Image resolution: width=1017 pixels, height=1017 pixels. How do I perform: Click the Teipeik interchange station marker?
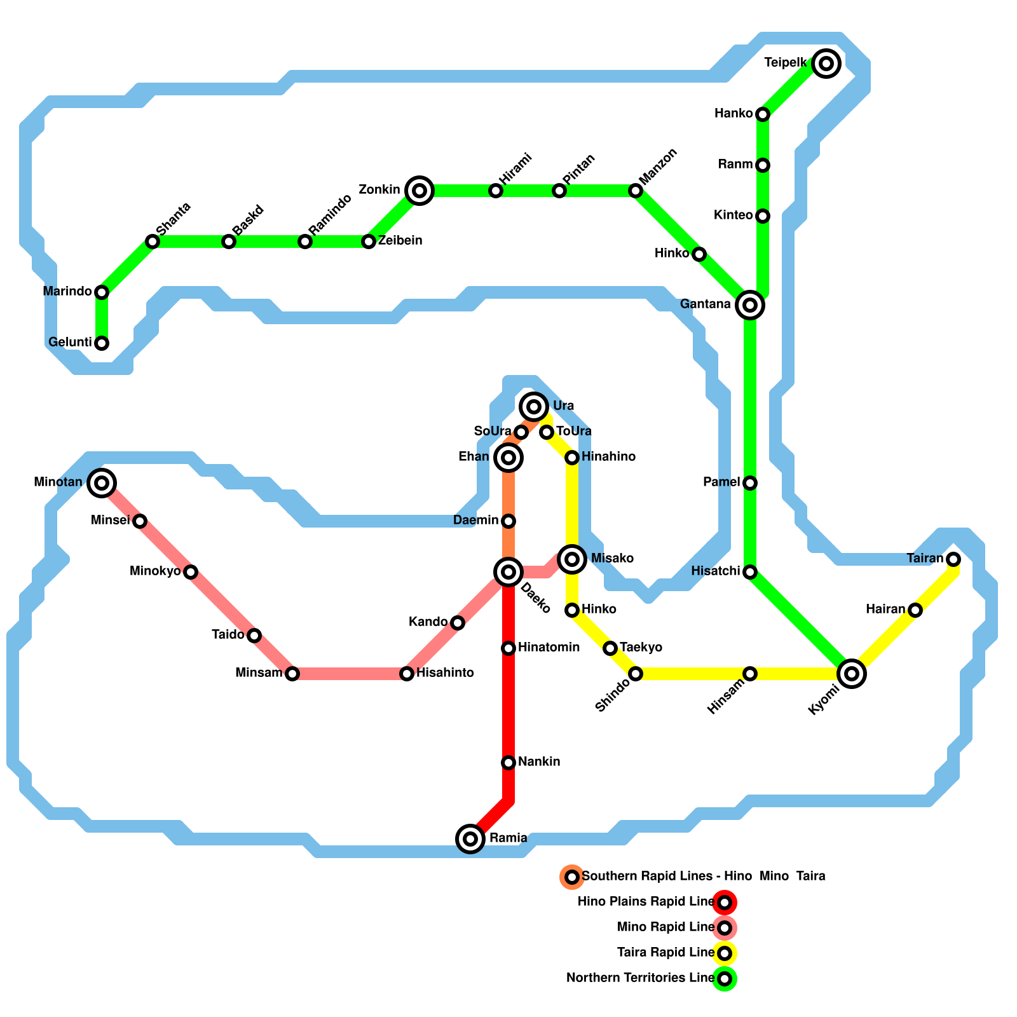(x=826, y=63)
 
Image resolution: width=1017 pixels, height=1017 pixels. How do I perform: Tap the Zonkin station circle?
(x=419, y=190)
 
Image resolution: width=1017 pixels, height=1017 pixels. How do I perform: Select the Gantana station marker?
(x=750, y=305)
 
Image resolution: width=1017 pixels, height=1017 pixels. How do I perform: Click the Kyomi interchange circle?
(x=852, y=673)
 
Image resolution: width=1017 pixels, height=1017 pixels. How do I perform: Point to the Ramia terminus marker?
(x=470, y=838)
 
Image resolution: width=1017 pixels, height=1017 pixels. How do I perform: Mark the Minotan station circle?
(x=102, y=483)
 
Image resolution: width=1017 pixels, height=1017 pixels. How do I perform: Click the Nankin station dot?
(x=508, y=762)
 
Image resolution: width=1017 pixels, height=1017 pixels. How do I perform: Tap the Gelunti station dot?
(x=102, y=343)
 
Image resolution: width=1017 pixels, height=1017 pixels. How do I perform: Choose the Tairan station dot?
(x=953, y=559)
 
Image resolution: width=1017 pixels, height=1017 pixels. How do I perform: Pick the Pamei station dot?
(x=750, y=483)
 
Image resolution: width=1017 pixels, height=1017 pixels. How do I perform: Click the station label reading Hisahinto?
(x=445, y=673)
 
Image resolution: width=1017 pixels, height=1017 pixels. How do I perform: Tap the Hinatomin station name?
(x=549, y=648)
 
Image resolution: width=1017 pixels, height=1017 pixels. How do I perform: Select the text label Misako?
(x=612, y=559)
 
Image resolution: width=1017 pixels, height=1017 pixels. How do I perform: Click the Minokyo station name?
(x=155, y=571)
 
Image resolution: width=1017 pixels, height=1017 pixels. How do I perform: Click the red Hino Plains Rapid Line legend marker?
(x=725, y=902)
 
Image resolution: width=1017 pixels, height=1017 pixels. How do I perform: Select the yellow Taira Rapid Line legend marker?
(x=725, y=953)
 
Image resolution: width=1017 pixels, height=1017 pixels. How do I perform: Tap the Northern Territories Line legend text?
(x=640, y=978)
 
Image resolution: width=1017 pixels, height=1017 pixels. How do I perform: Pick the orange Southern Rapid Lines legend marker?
(x=572, y=877)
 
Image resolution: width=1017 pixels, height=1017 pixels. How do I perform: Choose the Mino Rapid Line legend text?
(x=665, y=927)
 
